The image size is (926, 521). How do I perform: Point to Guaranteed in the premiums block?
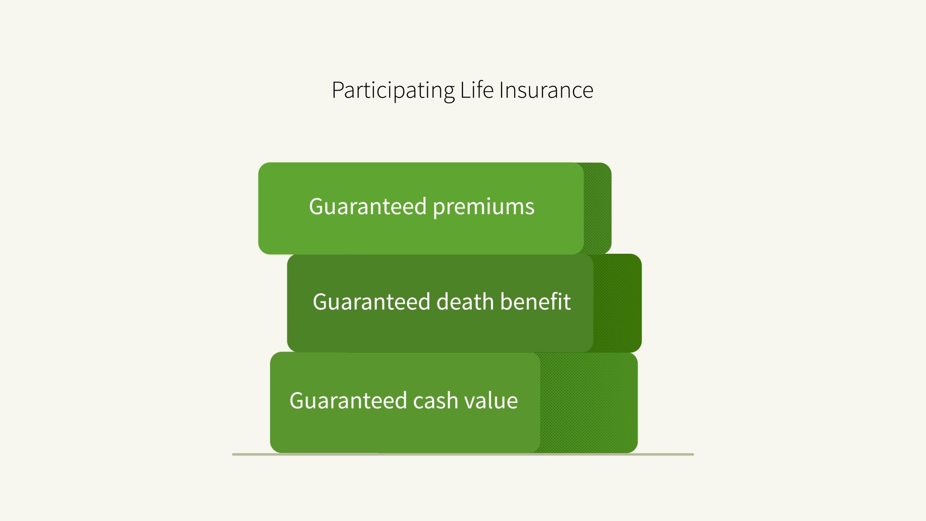pos(368,206)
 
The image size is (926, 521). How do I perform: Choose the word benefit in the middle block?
pos(535,302)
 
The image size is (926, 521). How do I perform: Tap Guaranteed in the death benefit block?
pos(371,302)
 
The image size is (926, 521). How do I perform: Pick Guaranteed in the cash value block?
pos(348,400)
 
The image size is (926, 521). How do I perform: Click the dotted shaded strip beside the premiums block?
pos(598,208)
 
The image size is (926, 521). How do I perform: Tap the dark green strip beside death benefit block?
pos(617,303)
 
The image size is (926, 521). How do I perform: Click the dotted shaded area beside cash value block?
pos(589,403)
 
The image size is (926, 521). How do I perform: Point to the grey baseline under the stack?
pos(463,454)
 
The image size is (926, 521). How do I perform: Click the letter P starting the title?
pos(338,90)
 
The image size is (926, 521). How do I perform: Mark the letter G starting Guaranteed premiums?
pos(317,206)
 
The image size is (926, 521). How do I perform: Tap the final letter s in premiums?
pos(530,209)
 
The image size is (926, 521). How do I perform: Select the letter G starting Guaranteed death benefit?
pos(321,302)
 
